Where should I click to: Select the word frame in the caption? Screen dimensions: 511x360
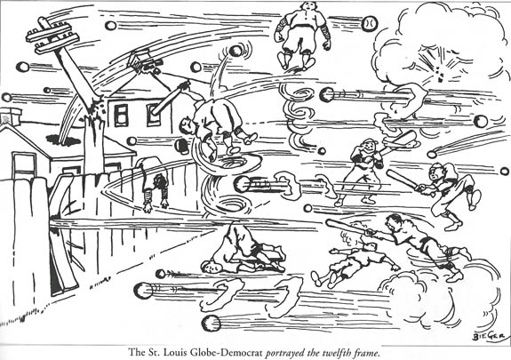369,353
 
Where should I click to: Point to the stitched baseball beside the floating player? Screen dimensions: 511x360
370,23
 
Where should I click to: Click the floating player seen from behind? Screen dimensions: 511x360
302,35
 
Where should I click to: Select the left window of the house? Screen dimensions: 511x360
121,115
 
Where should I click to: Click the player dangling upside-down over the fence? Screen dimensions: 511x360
153,183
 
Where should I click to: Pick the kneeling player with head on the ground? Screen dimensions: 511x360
244,249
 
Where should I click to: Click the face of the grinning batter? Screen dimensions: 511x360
369,148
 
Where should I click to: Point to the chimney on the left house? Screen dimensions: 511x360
11,116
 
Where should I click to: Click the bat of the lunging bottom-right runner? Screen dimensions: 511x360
346,227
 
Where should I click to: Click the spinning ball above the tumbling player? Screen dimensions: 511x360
236,51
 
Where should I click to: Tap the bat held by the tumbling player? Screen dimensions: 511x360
170,98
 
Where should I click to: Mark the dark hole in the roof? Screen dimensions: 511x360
63,140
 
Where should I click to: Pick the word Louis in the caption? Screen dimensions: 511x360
172,353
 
